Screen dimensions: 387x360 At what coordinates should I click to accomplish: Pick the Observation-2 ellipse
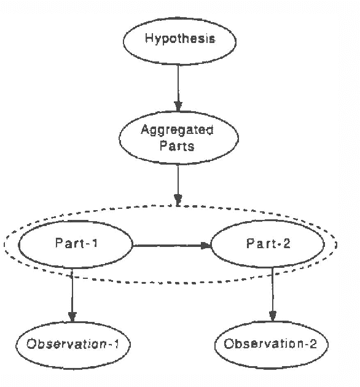pyautogui.click(x=272, y=343)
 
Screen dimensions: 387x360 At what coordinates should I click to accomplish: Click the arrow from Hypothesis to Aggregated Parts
pyautogui.click(x=178, y=86)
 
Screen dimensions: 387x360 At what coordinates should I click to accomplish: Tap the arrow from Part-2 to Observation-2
pyautogui.click(x=273, y=294)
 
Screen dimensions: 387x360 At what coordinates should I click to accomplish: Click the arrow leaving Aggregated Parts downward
pyautogui.click(x=178, y=181)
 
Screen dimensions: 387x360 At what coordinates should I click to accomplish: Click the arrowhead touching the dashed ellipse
pyautogui.click(x=178, y=200)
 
